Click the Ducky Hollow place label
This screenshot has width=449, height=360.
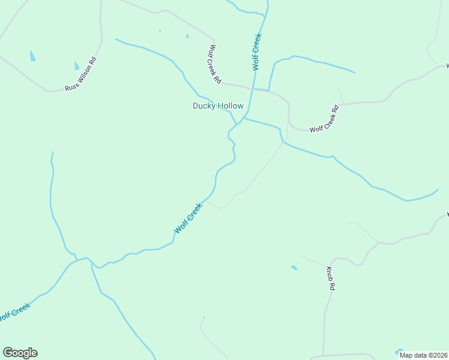pos(218,106)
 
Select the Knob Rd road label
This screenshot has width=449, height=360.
pos(330,278)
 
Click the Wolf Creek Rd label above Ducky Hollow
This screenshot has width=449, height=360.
pos(214,64)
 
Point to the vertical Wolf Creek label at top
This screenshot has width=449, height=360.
pos(257,52)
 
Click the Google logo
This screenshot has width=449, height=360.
pos(20,353)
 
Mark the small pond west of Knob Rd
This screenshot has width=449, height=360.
pos(294,268)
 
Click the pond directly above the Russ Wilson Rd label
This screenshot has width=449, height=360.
pos(76,65)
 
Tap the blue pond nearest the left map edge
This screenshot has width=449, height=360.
pos(32,56)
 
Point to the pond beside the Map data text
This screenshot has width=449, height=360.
pos(398,351)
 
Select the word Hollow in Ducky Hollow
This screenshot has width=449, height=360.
pos(231,106)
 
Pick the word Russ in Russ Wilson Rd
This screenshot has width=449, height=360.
pos(71,86)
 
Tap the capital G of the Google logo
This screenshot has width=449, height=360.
pos(7,352)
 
